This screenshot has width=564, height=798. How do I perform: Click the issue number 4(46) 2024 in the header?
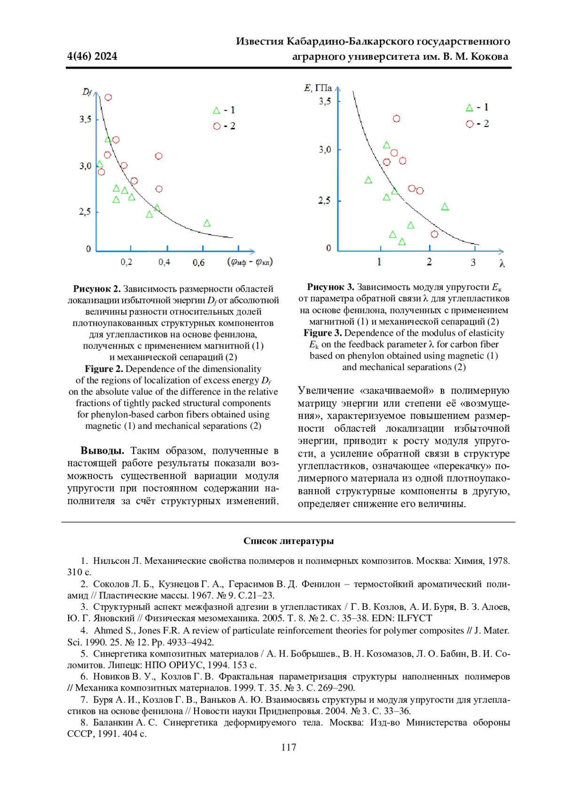pyautogui.click(x=92, y=56)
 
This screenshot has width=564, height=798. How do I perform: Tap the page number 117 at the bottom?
pyautogui.click(x=289, y=747)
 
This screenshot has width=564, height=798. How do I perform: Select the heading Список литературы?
pyautogui.click(x=289, y=541)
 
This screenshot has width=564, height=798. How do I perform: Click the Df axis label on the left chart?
pyautogui.click(x=87, y=92)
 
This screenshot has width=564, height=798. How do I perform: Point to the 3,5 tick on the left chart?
pyautogui.click(x=85, y=119)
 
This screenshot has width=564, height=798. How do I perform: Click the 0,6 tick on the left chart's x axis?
pyautogui.click(x=198, y=262)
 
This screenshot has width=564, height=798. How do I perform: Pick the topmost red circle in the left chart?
pyautogui.click(x=108, y=97)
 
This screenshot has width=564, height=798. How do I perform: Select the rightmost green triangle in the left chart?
pyautogui.click(x=207, y=223)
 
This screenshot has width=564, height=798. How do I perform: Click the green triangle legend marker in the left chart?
pyautogui.click(x=216, y=111)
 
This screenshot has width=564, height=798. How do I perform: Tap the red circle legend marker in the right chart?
pyautogui.click(x=470, y=124)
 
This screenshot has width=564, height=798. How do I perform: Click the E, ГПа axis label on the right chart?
pyautogui.click(x=318, y=88)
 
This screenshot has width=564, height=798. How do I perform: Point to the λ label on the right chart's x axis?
pyautogui.click(x=502, y=264)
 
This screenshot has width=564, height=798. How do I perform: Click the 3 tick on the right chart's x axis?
pyautogui.click(x=473, y=262)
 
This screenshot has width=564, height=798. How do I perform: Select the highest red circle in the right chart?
pyautogui.click(x=396, y=119)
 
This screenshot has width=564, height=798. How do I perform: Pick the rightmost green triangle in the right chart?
pyautogui.click(x=445, y=207)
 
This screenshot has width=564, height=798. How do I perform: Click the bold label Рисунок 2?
pyautogui.click(x=97, y=289)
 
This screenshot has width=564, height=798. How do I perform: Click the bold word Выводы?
pyautogui.click(x=102, y=451)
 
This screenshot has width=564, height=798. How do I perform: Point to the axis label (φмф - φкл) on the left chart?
pyautogui.click(x=250, y=261)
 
